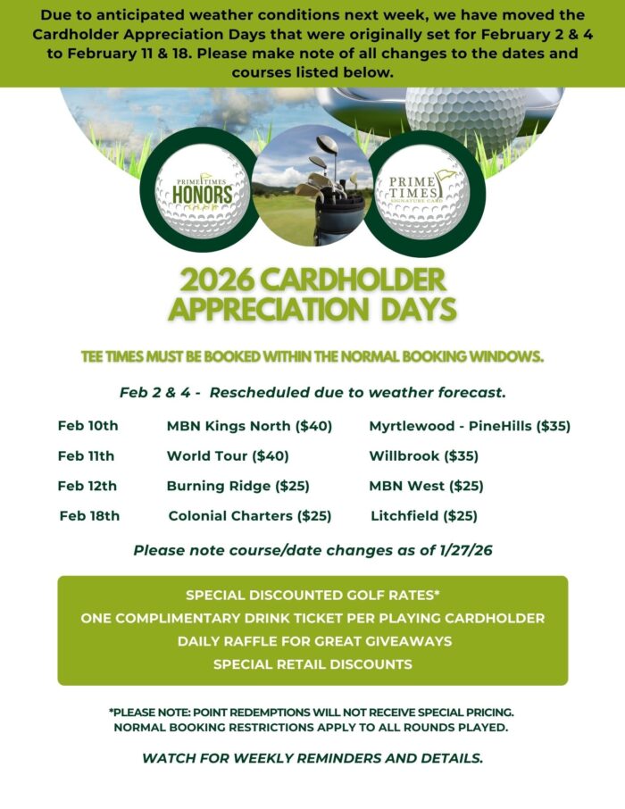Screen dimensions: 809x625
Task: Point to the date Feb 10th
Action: pyautogui.click(x=87, y=426)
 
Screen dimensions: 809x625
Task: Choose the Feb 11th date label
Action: pyautogui.click(x=86, y=456)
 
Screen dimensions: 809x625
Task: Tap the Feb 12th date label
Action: pyautogui.click(x=87, y=486)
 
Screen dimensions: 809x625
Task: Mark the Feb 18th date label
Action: pyautogui.click(x=89, y=515)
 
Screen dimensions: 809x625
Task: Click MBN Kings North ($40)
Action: pyautogui.click(x=249, y=426)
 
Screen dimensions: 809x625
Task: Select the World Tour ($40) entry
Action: pyautogui.click(x=228, y=456)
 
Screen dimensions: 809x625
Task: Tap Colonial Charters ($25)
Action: pyautogui.click(x=250, y=515)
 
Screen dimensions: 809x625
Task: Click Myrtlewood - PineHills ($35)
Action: pyautogui.click(x=470, y=426)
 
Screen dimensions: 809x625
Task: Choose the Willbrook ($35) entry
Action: pyautogui.click(x=424, y=456)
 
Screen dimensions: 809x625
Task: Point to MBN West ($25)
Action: pyautogui.click(x=426, y=486)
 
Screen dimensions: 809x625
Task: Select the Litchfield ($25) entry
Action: pyautogui.click(x=424, y=515)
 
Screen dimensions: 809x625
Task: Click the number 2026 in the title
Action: pyautogui.click(x=222, y=280)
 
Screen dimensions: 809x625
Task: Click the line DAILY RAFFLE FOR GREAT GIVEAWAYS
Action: pyautogui.click(x=312, y=641)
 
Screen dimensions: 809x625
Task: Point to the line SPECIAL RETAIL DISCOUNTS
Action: pyautogui.click(x=312, y=664)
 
